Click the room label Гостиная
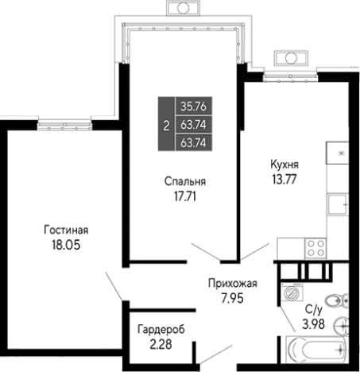tap(66, 230)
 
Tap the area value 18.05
tap(66, 245)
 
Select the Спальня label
tap(185, 182)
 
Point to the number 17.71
tap(185, 196)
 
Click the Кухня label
tap(285, 165)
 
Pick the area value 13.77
tap(285, 180)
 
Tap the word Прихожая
tap(233, 284)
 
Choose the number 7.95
tap(232, 298)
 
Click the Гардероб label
tap(161, 330)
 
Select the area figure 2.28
tap(161, 344)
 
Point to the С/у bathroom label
tap(314, 309)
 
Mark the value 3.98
tap(313, 324)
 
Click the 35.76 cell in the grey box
tap(194, 107)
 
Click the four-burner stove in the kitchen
tap(315, 248)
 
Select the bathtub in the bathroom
tap(315, 350)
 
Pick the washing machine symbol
tap(292, 292)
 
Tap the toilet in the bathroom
tap(336, 300)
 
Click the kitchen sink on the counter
tap(337, 204)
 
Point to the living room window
tap(64, 125)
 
